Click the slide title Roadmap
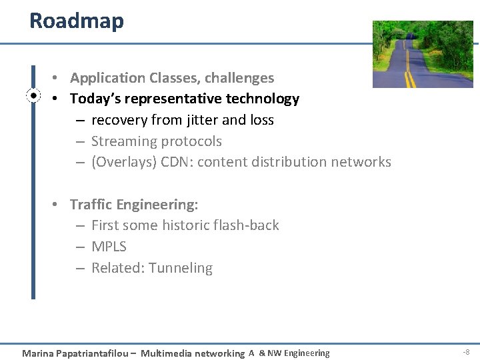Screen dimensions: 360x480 point(77,21)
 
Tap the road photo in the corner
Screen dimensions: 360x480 point(422,54)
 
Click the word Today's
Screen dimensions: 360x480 point(94,99)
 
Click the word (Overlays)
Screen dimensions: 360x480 point(124,162)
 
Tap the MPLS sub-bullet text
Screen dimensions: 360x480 point(109,247)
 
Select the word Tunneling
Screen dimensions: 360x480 point(181,268)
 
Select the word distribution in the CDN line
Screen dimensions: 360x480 point(282,162)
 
